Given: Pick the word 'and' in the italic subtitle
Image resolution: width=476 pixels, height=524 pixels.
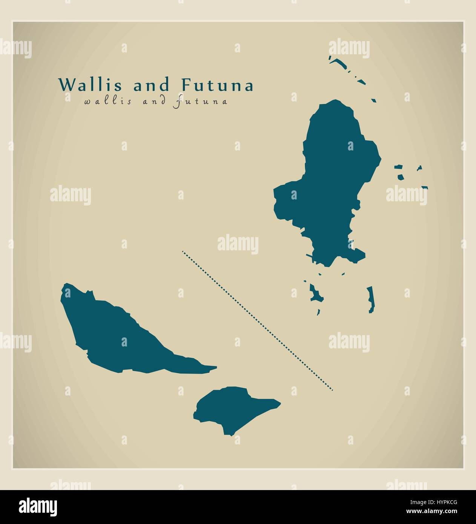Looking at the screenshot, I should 151,101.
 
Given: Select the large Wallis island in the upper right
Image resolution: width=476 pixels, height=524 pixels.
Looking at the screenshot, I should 328,181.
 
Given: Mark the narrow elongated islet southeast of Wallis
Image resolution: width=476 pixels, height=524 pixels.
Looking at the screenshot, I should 370,300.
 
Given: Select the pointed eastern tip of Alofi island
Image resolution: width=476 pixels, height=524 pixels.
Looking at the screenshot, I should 278,403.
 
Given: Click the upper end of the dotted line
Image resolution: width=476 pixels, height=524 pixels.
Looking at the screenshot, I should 183,251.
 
